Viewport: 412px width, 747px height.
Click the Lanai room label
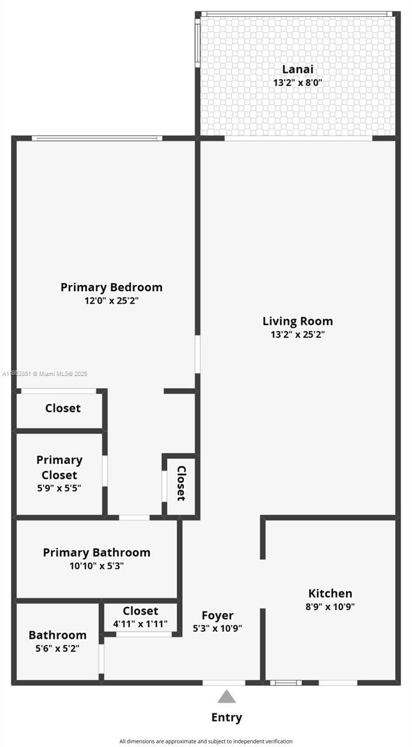[298, 69]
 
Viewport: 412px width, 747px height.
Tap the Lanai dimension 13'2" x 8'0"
[298, 82]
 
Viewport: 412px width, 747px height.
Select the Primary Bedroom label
[111, 287]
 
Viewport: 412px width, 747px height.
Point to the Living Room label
[298, 321]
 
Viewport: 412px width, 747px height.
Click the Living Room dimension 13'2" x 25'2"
[298, 334]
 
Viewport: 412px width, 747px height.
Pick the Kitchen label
[331, 593]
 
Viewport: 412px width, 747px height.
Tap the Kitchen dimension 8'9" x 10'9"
[331, 606]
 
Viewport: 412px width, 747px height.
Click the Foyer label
[217, 616]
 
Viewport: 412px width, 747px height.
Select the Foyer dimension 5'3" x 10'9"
[217, 628]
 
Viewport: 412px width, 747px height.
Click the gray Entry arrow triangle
[226, 697]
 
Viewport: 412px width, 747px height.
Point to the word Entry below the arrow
[226, 717]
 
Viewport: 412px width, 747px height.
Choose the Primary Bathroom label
[96, 552]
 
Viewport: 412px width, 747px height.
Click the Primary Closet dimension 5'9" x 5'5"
[59, 488]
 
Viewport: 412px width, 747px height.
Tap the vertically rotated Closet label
[181, 483]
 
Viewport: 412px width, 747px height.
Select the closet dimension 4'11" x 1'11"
[140, 623]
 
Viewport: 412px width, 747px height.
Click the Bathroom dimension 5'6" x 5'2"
[57, 648]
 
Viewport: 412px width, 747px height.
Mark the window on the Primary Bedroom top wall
[97, 138]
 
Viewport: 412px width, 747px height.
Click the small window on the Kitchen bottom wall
[286, 683]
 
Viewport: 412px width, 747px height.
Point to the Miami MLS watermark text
[45, 374]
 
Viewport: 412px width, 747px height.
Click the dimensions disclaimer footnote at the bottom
[206, 741]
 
